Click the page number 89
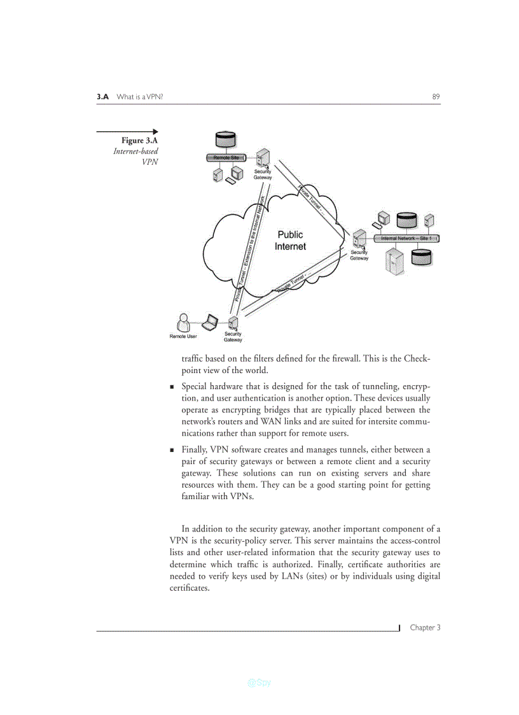tap(436, 97)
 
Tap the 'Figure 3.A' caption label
tap(140, 141)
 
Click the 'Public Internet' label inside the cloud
tap(290, 241)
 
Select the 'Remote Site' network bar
tap(226, 157)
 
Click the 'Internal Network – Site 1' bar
tap(406, 239)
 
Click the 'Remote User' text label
tap(183, 336)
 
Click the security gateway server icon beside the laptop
tap(233, 323)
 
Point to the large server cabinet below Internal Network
tap(396, 261)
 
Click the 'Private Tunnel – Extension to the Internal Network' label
tap(250, 248)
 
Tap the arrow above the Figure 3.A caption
tap(127, 132)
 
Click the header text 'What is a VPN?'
tap(141, 97)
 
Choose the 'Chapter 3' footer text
tap(425, 628)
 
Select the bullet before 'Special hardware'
tap(172, 386)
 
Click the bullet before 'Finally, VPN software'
tap(172, 450)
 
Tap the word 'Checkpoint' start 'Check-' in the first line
tap(417, 358)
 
